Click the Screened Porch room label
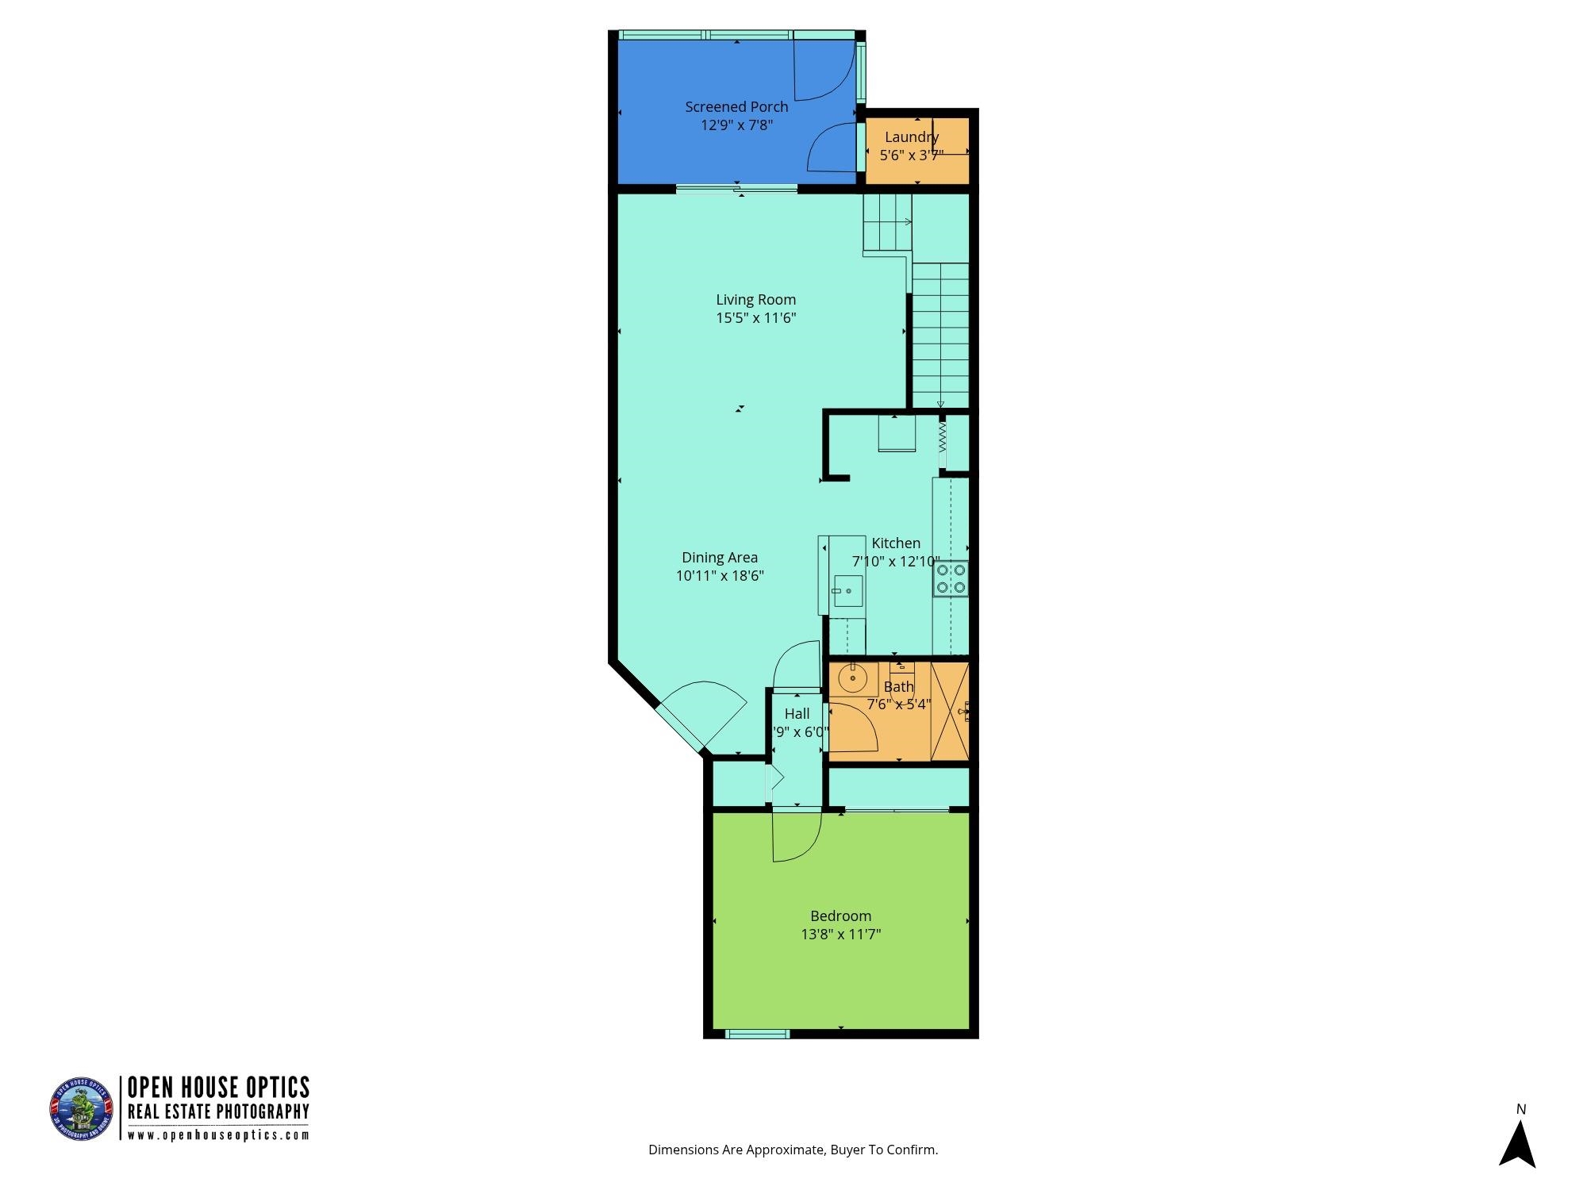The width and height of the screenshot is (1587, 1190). [x=736, y=107]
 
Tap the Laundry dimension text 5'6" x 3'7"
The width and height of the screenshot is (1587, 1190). [x=911, y=155]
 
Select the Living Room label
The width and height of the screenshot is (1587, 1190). [x=755, y=300]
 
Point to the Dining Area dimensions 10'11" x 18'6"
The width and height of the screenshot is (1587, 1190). [x=720, y=576]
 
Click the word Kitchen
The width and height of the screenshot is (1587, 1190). [x=896, y=543]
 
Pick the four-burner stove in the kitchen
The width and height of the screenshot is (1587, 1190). [x=951, y=578]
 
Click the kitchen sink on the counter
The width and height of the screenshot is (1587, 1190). [x=847, y=591]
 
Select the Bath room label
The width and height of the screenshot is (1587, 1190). [x=898, y=687]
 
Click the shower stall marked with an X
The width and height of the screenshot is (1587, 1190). [x=949, y=711]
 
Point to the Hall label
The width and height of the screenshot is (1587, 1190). [x=797, y=714]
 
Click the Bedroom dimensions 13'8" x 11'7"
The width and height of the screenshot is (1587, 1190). [x=840, y=935]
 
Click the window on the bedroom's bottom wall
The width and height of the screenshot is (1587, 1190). [x=758, y=1034]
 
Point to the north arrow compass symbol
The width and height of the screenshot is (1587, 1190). [x=1517, y=1143]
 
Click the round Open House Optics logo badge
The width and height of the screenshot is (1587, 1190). [x=83, y=1109]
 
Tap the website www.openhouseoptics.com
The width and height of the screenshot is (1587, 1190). [x=218, y=1135]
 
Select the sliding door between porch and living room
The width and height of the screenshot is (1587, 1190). [x=736, y=189]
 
